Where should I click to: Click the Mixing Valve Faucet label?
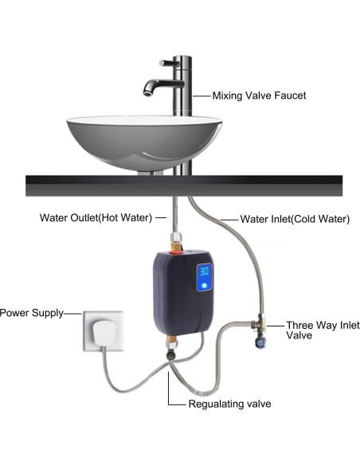pos(259,96)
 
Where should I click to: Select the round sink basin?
pos(143,139)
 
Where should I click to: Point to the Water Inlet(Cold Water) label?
pos(295,217)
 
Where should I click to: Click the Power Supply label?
pos(29,312)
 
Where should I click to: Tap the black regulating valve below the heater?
pos(170,365)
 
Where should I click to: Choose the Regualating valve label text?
pos(229,404)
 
